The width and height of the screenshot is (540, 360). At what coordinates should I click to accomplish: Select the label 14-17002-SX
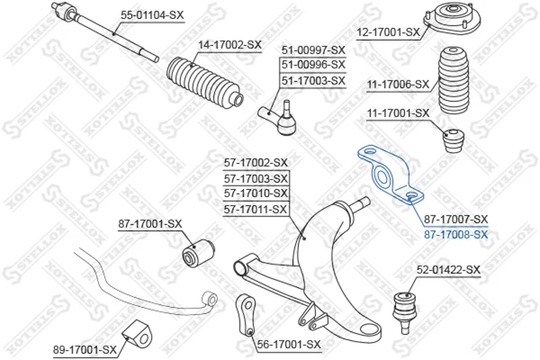click(x=229, y=45)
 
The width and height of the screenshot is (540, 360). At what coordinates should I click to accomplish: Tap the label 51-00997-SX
click(x=313, y=50)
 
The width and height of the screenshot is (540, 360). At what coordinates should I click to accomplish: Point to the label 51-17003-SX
click(x=313, y=81)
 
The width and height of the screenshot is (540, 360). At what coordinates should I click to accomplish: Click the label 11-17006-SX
click(x=398, y=84)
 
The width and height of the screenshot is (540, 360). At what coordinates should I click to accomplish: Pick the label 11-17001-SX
click(x=398, y=113)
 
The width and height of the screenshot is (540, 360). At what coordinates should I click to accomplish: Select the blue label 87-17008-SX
click(x=455, y=234)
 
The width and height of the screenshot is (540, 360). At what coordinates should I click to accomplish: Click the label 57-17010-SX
click(x=255, y=194)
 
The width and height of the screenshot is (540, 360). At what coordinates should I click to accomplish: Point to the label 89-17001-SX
click(x=85, y=349)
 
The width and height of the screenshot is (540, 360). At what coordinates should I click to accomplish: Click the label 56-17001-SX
click(x=289, y=344)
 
